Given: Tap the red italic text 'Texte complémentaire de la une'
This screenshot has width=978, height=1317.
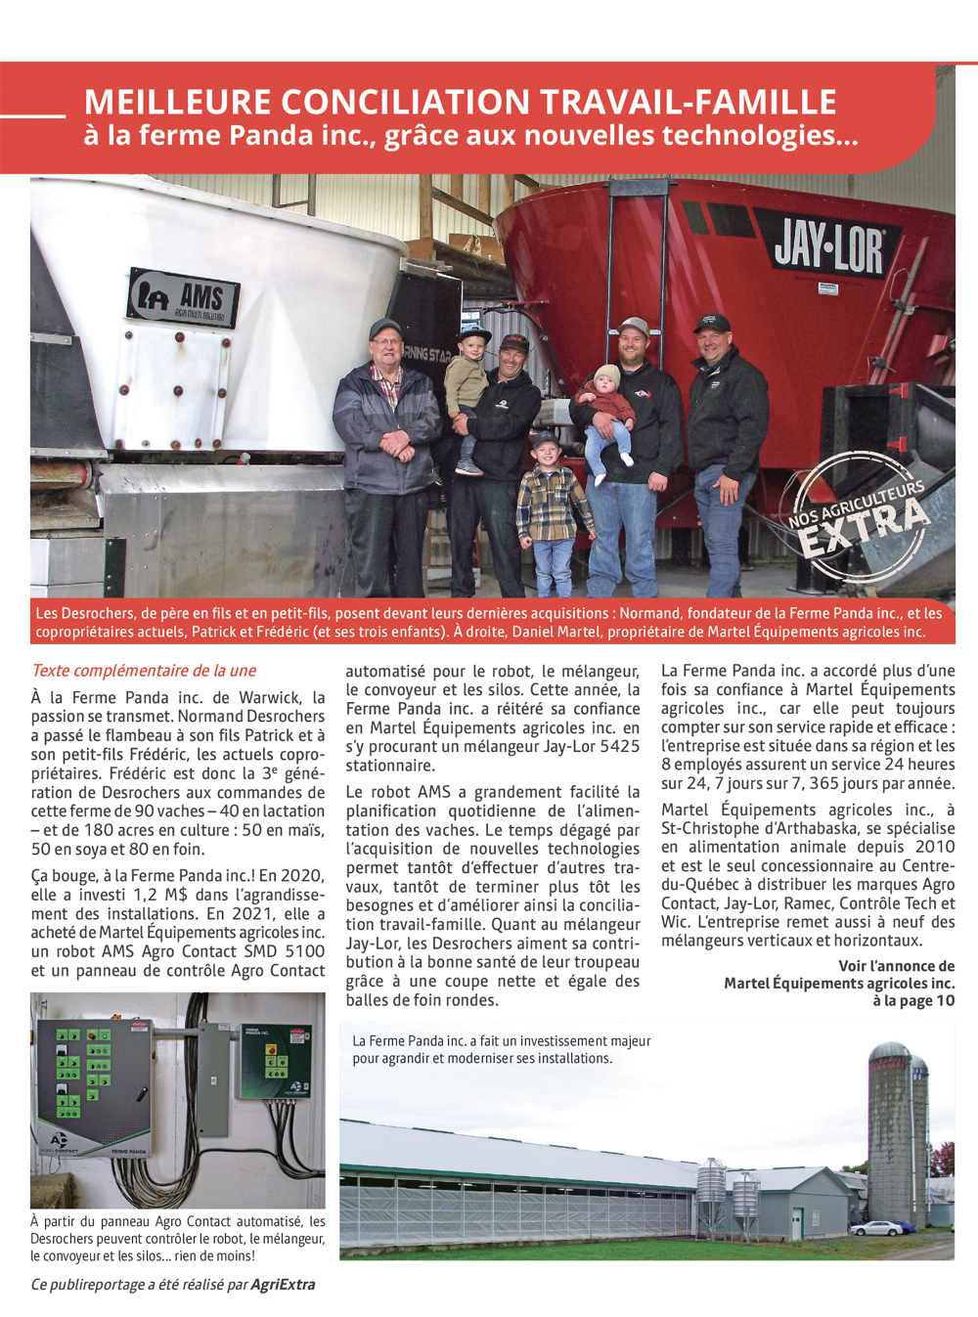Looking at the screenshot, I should click(x=144, y=671).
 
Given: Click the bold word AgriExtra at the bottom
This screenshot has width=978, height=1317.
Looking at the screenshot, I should click(x=283, y=1285).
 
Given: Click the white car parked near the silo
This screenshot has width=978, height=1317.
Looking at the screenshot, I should click(x=875, y=1228).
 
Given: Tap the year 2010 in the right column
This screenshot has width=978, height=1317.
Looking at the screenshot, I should click(x=935, y=847).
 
